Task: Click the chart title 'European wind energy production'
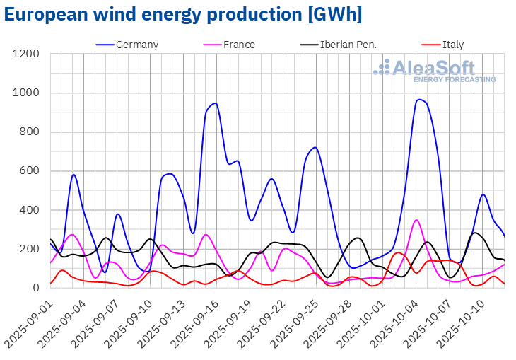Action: point(183,14)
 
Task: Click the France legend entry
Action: point(239,45)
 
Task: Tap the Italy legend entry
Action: point(453,45)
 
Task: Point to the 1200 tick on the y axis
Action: point(29,54)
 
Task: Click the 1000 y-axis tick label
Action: point(29,93)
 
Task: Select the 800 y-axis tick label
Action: point(33,132)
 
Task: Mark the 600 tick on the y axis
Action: point(33,171)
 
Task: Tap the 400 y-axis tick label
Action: point(33,210)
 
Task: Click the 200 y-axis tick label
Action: point(33,249)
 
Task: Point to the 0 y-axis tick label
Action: point(39,288)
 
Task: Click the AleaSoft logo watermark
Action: point(435,71)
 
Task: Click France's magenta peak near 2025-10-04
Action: point(416,220)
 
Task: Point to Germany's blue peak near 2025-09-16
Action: point(215,103)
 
